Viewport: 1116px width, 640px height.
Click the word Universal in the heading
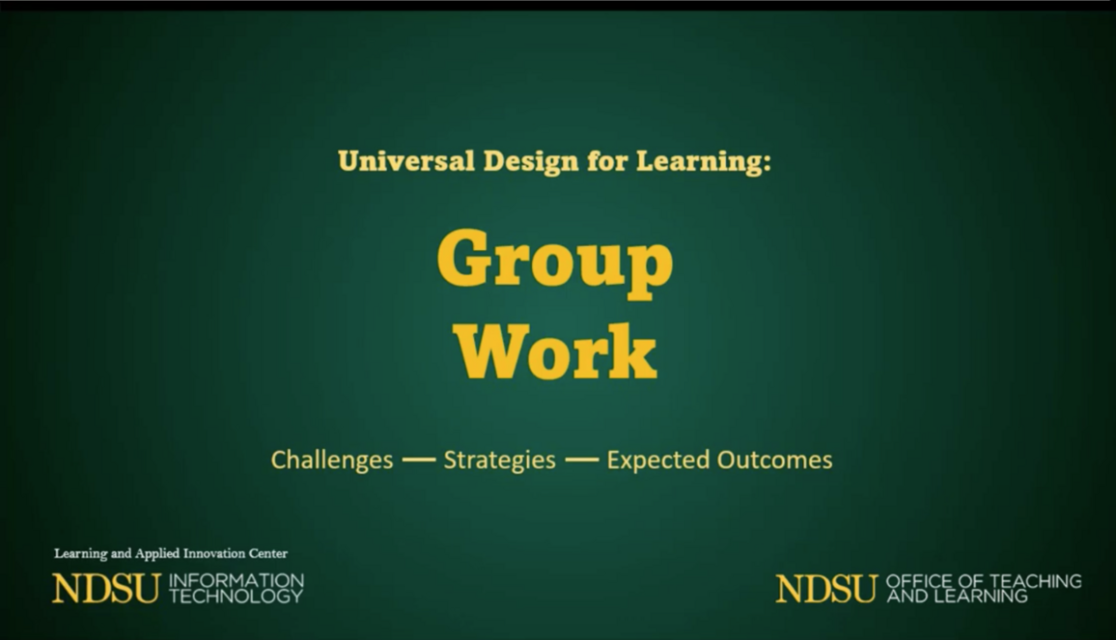point(405,161)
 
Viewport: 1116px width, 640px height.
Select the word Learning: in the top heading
point(703,162)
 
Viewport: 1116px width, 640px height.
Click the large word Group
point(555,261)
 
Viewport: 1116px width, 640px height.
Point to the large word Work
point(555,351)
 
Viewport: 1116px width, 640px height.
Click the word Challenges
point(332,459)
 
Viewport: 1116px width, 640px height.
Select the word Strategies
point(500,459)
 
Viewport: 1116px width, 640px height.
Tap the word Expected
point(656,459)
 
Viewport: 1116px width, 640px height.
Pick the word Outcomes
point(774,459)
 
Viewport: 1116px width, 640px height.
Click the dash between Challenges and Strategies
point(419,459)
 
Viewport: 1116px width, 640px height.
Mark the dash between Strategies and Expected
point(581,459)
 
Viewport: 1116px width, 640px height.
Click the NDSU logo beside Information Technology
point(106,589)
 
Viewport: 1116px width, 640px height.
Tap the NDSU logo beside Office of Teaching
point(826,589)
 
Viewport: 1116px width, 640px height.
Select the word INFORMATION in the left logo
point(237,581)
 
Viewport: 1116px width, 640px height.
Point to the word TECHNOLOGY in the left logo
point(237,597)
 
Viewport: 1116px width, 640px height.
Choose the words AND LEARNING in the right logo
point(958,597)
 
